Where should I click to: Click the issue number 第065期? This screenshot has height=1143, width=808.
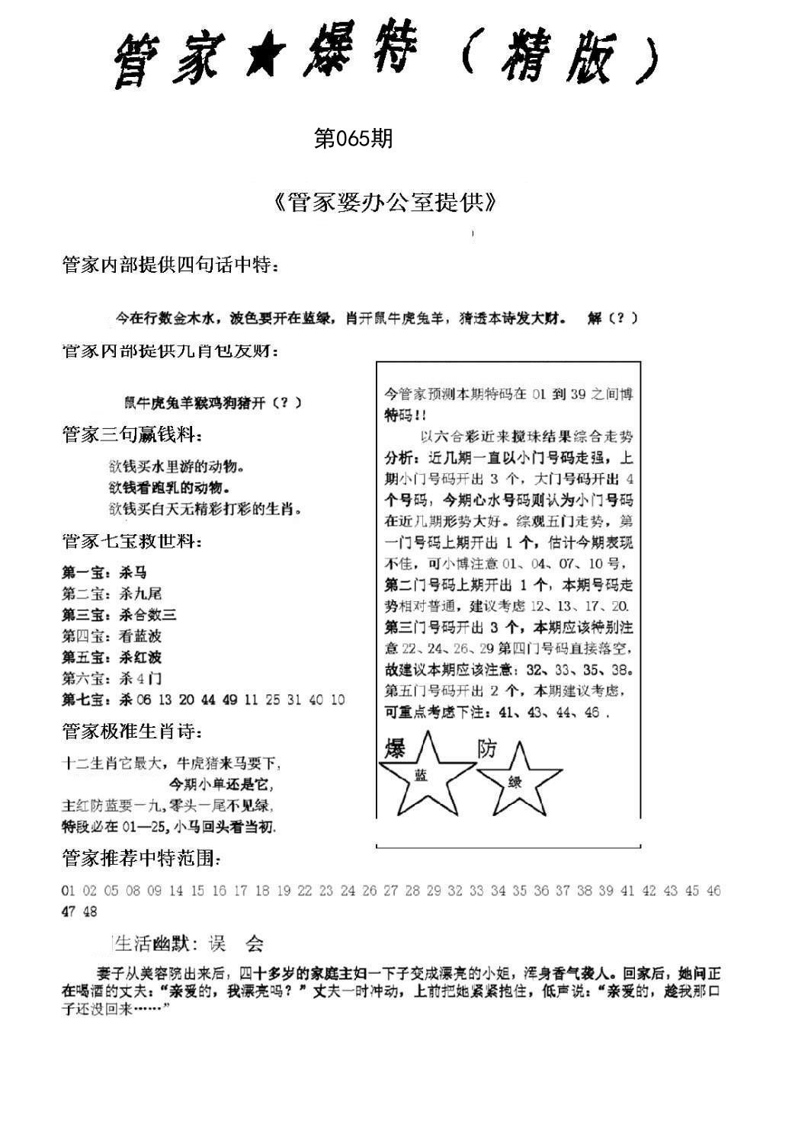[353, 139]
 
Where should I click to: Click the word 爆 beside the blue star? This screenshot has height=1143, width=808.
[394, 748]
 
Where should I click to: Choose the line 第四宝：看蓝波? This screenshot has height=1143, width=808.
[111, 636]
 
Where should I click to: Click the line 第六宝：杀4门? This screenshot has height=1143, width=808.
[111, 678]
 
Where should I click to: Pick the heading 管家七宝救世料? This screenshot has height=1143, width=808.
[132, 542]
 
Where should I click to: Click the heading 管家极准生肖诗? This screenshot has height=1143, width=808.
[132, 732]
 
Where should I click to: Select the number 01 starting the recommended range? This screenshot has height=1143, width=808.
[68, 891]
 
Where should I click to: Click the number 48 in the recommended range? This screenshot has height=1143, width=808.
[90, 912]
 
